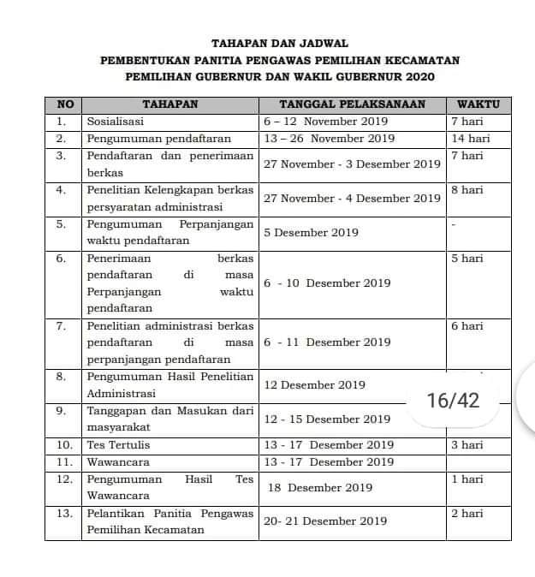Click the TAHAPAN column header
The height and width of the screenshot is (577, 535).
click(169, 104)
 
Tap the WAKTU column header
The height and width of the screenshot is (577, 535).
click(479, 104)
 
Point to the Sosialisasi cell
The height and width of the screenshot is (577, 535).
click(116, 122)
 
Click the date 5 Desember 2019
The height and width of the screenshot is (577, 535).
click(312, 232)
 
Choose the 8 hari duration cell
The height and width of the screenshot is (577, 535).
click(467, 190)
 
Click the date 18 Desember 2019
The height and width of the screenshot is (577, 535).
click(320, 488)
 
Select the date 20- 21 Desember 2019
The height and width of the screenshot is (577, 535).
click(325, 520)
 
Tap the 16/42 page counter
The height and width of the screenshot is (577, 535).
click(453, 400)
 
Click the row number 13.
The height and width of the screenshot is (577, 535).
click(63, 514)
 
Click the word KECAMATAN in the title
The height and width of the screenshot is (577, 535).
click(423, 60)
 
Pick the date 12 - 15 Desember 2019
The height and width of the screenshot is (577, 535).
click(328, 419)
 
